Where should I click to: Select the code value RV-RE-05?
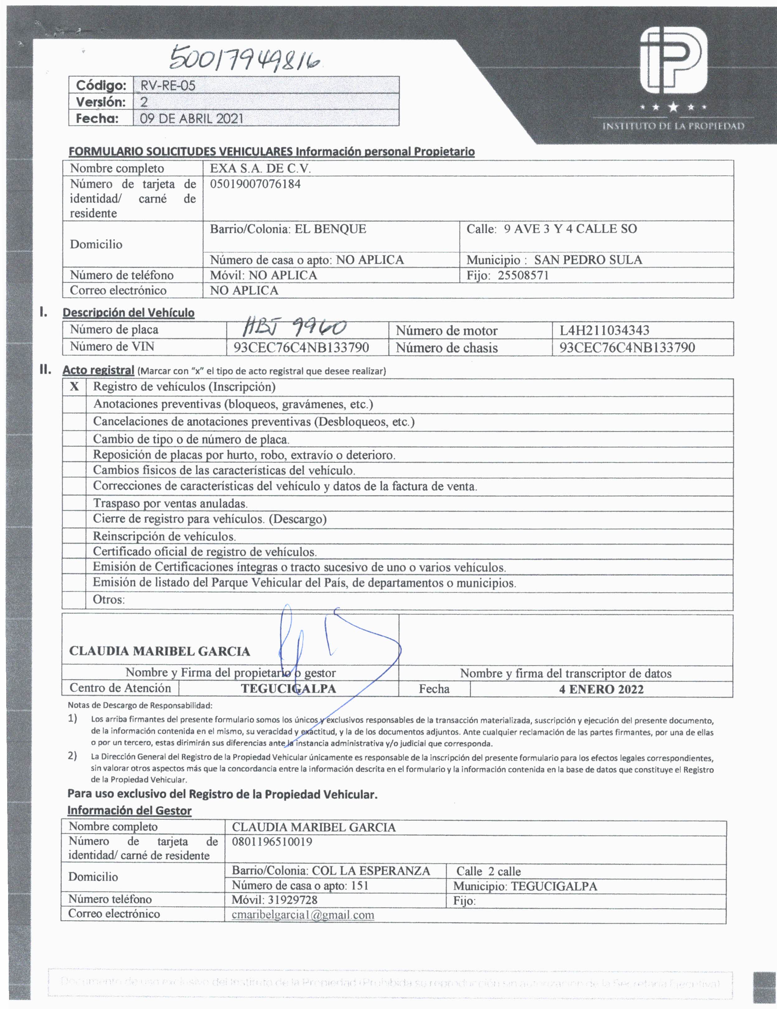click(168, 86)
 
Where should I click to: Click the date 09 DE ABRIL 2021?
click(191, 118)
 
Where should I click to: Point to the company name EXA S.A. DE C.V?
click(260, 168)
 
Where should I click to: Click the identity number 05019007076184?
click(255, 184)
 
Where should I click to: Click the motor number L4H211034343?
click(604, 330)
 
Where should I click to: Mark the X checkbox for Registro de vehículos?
click(74, 387)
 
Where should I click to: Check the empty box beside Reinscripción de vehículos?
click(74, 536)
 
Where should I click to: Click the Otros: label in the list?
click(109, 600)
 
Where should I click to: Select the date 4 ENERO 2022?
click(601, 689)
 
